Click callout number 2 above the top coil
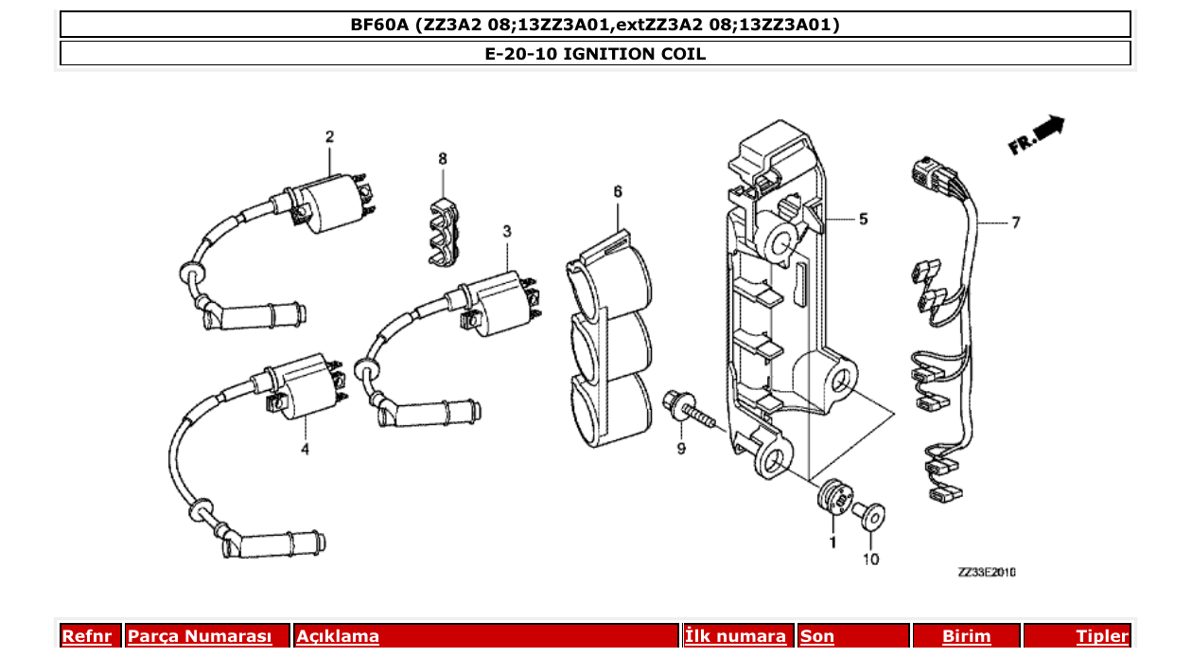[x=329, y=137]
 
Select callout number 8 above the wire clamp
[x=442, y=158]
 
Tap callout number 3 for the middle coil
[x=506, y=231]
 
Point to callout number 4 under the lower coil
[x=305, y=449]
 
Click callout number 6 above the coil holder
[x=618, y=191]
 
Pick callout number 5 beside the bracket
[x=863, y=220]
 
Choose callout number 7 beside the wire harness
[x=1015, y=223]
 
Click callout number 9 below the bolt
[x=680, y=449]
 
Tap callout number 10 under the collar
[x=870, y=559]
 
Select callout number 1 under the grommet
[x=833, y=542]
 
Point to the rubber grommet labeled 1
[x=833, y=497]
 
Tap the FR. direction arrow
[x=1037, y=134]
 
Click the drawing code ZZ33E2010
[x=986, y=573]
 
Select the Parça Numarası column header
[x=200, y=637]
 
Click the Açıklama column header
[x=338, y=637]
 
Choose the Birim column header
[x=966, y=637]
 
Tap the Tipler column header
[x=1102, y=637]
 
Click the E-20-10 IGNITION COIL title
[x=595, y=54]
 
